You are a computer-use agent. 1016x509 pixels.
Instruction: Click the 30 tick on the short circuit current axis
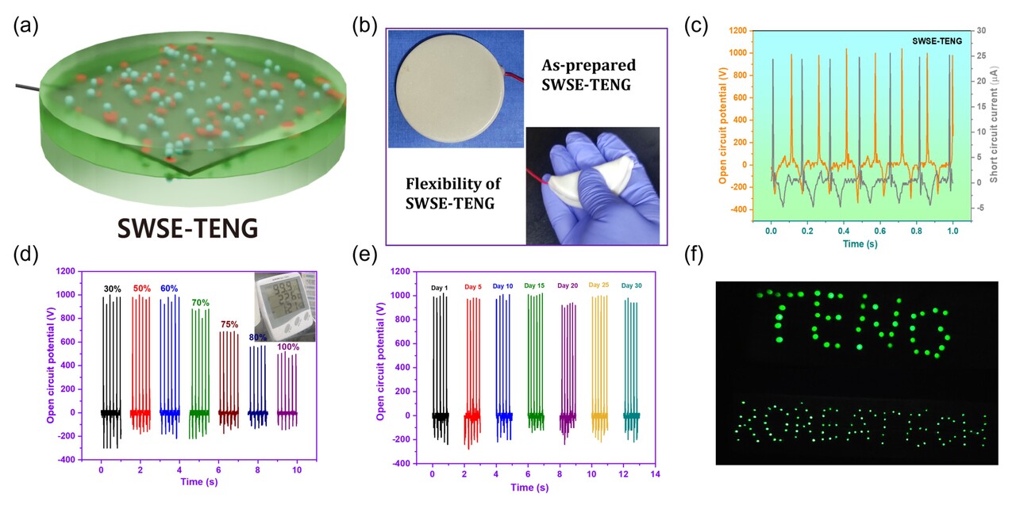(980, 30)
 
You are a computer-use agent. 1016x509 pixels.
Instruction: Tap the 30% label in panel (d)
(112, 289)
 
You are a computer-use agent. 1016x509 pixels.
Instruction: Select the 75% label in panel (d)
(229, 323)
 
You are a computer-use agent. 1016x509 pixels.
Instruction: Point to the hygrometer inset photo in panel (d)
(284, 306)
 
